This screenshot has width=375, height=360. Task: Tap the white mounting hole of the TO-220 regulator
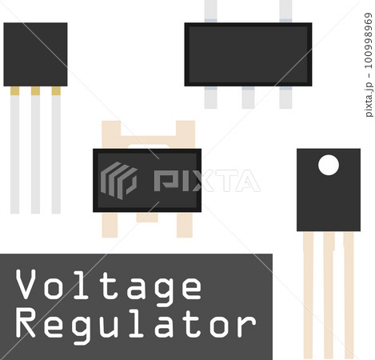pyautogui.click(x=329, y=165)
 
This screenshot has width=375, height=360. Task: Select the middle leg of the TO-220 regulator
pyautogui.click(x=329, y=295)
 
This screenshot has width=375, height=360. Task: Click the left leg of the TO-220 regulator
pyautogui.click(x=308, y=295)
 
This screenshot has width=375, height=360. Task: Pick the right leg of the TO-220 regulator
pyautogui.click(x=349, y=295)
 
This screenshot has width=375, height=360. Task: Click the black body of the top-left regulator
pyautogui.click(x=35, y=54)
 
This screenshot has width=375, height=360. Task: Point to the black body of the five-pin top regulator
pyautogui.click(x=248, y=54)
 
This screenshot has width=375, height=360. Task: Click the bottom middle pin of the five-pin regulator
pyautogui.click(x=248, y=98)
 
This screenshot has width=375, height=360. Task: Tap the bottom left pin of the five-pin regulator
pyautogui.click(x=210, y=98)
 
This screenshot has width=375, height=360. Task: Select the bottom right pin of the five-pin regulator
pyautogui.click(x=285, y=98)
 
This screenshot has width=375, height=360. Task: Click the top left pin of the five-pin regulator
pyautogui.click(x=210, y=11)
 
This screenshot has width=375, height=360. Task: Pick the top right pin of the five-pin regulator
pyautogui.click(x=285, y=11)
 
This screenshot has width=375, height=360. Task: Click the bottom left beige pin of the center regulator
pyautogui.click(x=110, y=225)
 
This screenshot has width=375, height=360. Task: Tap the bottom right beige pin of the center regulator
pyautogui.click(x=185, y=225)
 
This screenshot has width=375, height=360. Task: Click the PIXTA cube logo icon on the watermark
pyautogui.click(x=119, y=181)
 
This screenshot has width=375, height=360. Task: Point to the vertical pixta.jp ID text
pyautogui.click(x=369, y=65)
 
